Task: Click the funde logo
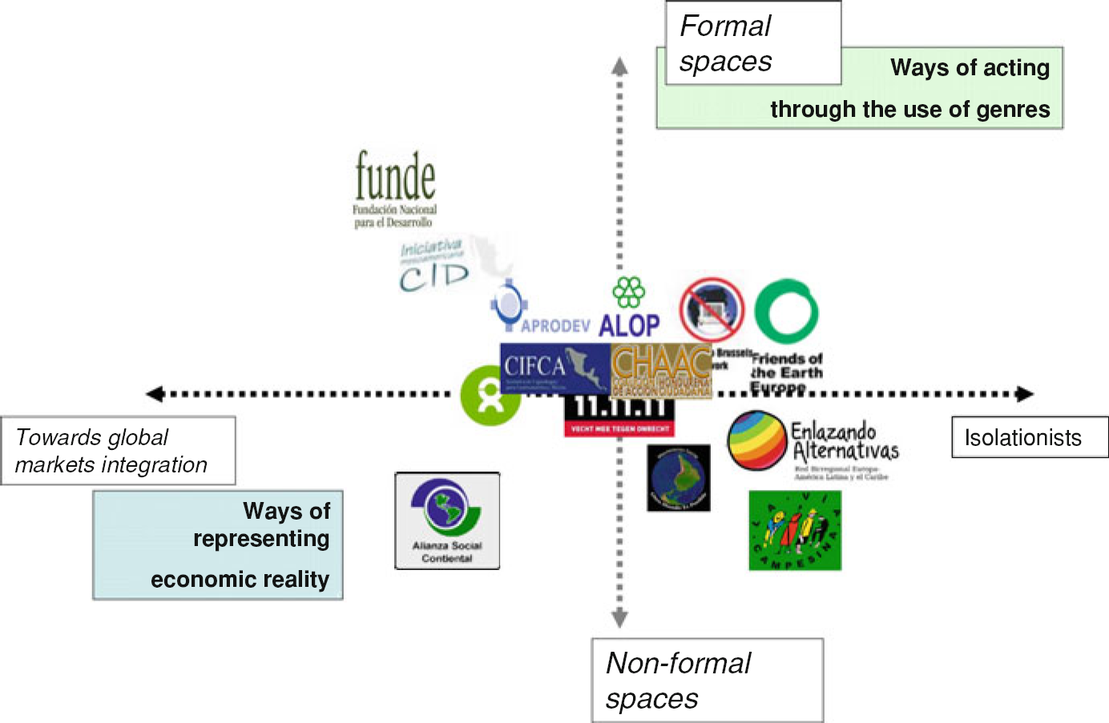(x=395, y=189)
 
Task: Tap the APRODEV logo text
(x=554, y=326)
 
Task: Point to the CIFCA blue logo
(x=553, y=368)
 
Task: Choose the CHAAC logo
(x=661, y=370)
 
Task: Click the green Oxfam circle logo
(x=489, y=396)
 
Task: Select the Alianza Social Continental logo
(x=447, y=520)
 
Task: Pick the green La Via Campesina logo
(x=795, y=530)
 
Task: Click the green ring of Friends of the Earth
(x=787, y=311)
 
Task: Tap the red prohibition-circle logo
(x=712, y=310)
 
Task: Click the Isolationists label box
(x=1030, y=437)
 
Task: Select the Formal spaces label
(x=753, y=43)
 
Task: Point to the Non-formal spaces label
(x=707, y=681)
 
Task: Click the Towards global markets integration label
(x=118, y=451)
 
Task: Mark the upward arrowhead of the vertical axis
(x=619, y=66)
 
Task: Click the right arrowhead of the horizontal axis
(x=1025, y=394)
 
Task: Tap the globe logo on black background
(x=679, y=478)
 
